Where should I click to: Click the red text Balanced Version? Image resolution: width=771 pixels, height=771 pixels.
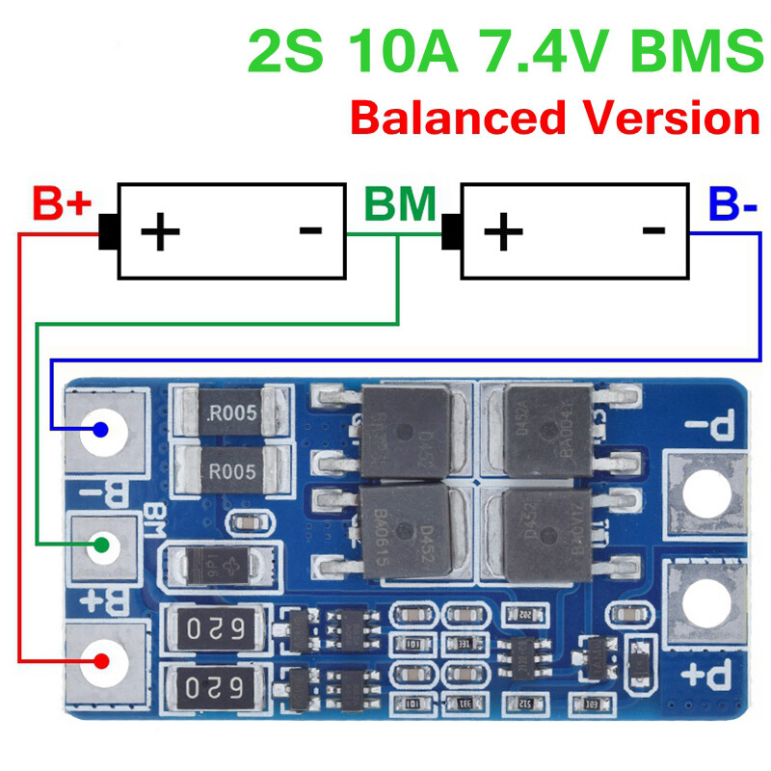[x=554, y=118]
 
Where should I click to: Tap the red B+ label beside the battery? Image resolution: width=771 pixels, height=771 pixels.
[x=62, y=204]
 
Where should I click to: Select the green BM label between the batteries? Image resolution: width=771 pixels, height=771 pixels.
[x=400, y=204]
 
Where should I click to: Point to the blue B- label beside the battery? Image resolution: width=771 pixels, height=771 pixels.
[x=732, y=204]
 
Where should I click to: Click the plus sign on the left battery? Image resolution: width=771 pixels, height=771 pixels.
[x=160, y=231]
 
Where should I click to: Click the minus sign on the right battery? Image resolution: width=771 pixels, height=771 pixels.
[x=653, y=229]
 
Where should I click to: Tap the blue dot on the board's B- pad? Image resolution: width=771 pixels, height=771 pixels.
[x=100, y=429]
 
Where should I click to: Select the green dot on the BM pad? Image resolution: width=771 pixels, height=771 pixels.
[x=101, y=545]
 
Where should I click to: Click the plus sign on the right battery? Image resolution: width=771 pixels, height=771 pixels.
[x=502, y=231]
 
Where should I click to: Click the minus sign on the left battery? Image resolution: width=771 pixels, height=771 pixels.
[x=310, y=229]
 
